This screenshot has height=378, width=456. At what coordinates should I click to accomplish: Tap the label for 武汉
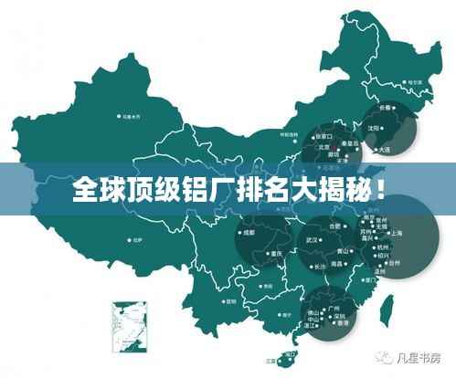pos(311,239)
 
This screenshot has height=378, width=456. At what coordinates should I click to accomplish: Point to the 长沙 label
pos(320,266)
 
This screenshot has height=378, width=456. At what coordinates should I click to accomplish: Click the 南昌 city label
pos(338,264)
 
